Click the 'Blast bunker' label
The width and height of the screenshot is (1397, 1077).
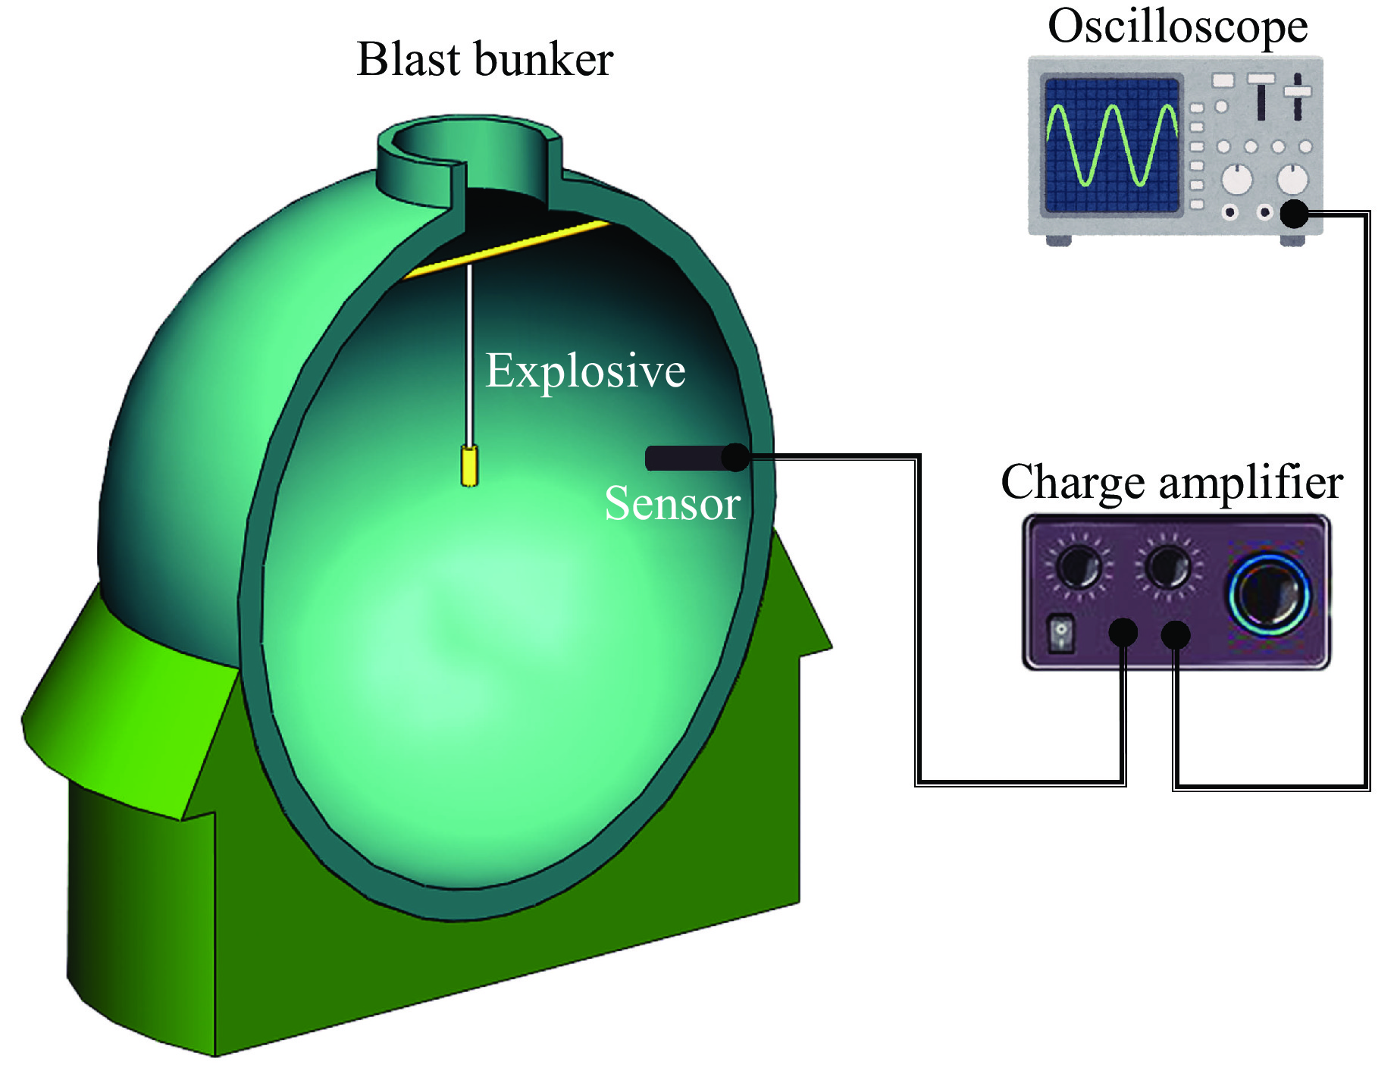point(484,60)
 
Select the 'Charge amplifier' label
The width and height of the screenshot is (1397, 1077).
point(1171,482)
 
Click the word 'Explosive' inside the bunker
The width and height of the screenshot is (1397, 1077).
point(585,371)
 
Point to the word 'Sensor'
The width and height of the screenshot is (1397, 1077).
point(672,503)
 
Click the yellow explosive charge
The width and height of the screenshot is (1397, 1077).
point(470,466)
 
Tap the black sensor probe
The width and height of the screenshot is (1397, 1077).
point(686,458)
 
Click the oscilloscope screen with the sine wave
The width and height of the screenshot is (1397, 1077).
point(1111,145)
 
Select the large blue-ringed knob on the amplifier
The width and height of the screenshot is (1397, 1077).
point(1269,593)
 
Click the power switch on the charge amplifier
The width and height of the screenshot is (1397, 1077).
point(1061,634)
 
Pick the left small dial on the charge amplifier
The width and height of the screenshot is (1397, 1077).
point(1079,567)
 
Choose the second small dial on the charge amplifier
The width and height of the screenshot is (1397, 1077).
point(1167,567)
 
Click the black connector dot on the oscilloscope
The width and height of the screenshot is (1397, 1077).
point(1294,213)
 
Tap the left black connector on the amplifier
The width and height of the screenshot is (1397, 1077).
point(1123,632)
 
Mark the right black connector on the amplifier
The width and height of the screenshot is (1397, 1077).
point(1176,634)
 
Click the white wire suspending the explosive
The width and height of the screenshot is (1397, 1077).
point(470,356)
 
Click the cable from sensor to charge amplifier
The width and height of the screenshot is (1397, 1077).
point(918,621)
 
